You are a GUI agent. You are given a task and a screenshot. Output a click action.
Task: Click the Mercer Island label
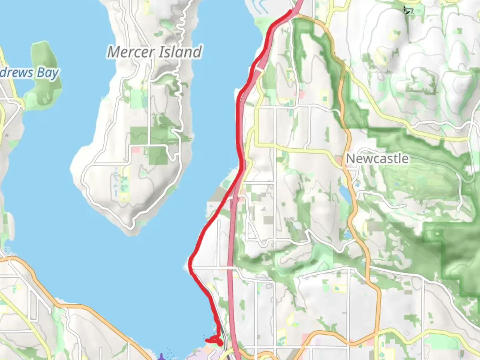[155, 52]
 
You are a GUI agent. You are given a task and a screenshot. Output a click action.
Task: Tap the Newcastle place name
[377, 159]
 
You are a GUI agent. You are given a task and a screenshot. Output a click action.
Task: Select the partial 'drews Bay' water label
[29, 73]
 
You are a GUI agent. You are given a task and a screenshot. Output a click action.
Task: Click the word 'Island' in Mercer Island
[180, 52]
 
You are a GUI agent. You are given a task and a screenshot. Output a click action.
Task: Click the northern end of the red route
[291, 11]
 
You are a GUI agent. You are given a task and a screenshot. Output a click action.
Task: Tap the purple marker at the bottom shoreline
[162, 357]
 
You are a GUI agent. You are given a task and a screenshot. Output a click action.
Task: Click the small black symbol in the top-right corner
[408, 11]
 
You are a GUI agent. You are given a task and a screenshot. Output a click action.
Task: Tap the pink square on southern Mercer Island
[136, 150]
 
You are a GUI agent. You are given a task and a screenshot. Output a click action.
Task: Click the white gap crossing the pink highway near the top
[259, 69]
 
